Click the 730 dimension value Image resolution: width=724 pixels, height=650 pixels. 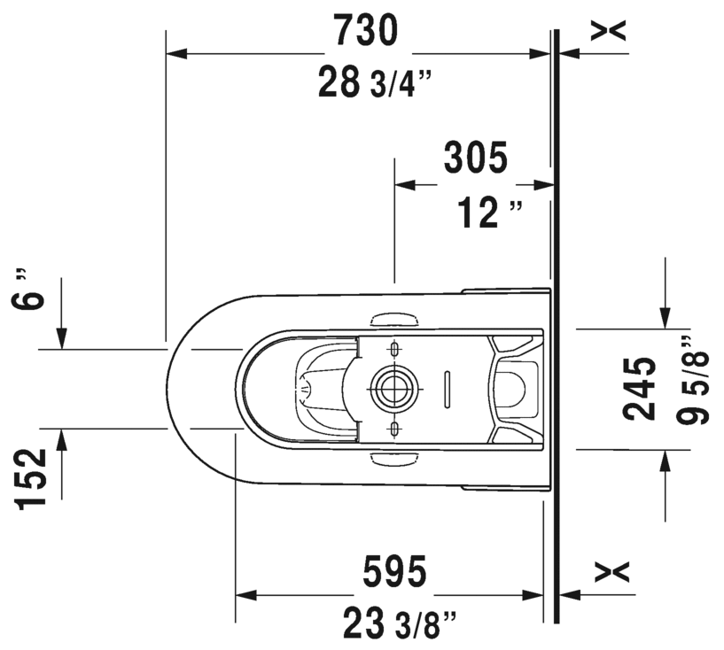point(365,30)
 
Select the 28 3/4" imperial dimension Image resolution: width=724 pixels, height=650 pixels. point(375,82)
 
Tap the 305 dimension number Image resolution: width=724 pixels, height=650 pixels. point(476,158)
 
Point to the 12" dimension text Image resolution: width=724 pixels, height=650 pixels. point(490,213)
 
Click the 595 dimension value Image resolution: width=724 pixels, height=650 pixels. point(394,571)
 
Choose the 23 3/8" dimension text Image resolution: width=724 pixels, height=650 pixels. point(401,623)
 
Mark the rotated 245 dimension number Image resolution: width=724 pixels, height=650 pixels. point(639,389)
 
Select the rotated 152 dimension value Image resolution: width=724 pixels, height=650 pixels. point(31,478)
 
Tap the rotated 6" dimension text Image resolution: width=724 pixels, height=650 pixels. point(28,290)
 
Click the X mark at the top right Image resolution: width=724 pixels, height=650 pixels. point(609,30)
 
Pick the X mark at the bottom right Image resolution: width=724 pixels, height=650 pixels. point(611,571)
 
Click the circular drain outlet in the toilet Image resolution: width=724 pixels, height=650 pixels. point(393,389)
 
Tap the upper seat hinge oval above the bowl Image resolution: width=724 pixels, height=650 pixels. point(394,319)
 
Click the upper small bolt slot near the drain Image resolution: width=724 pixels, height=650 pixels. point(393,348)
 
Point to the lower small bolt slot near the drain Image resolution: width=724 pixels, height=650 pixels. point(393,429)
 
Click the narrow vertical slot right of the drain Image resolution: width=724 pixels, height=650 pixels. point(448,389)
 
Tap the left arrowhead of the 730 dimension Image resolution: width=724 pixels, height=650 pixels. point(176,53)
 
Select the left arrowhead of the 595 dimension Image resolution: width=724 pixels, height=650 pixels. point(246,594)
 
